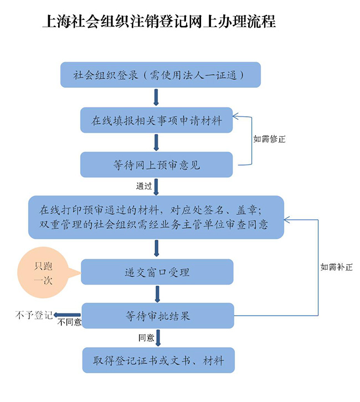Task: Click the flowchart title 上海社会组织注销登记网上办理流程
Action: pyautogui.click(x=159, y=22)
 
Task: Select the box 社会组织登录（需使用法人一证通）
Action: pyautogui.click(x=160, y=75)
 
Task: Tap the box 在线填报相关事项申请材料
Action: pyautogui.click(x=157, y=121)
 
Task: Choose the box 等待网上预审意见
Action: pyautogui.click(x=157, y=165)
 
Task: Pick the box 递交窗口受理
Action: pyautogui.click(x=157, y=272)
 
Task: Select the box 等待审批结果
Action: pyautogui.click(x=158, y=316)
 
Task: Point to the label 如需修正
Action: pyautogui.click(x=270, y=139)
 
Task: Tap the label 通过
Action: pyautogui.click(x=143, y=186)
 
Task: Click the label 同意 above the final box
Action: pyautogui.click(x=146, y=337)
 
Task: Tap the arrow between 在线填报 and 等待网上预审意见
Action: pyautogui.click(x=157, y=143)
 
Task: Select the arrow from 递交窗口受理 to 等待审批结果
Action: pyautogui.click(x=157, y=294)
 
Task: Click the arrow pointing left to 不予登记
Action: pyautogui.click(x=66, y=316)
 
